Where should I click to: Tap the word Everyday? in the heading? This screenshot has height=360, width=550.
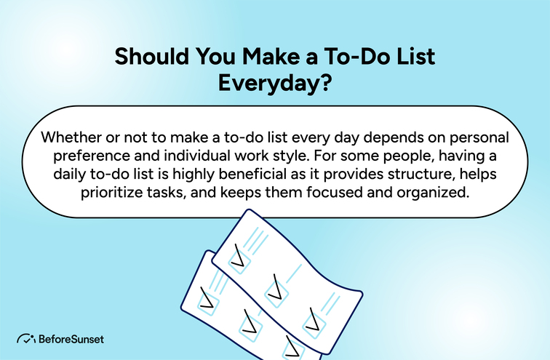[275, 82]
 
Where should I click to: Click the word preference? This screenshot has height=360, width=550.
[84, 158]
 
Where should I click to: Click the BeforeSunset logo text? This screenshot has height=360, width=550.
[71, 339]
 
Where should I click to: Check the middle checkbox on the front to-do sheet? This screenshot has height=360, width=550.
[276, 290]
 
